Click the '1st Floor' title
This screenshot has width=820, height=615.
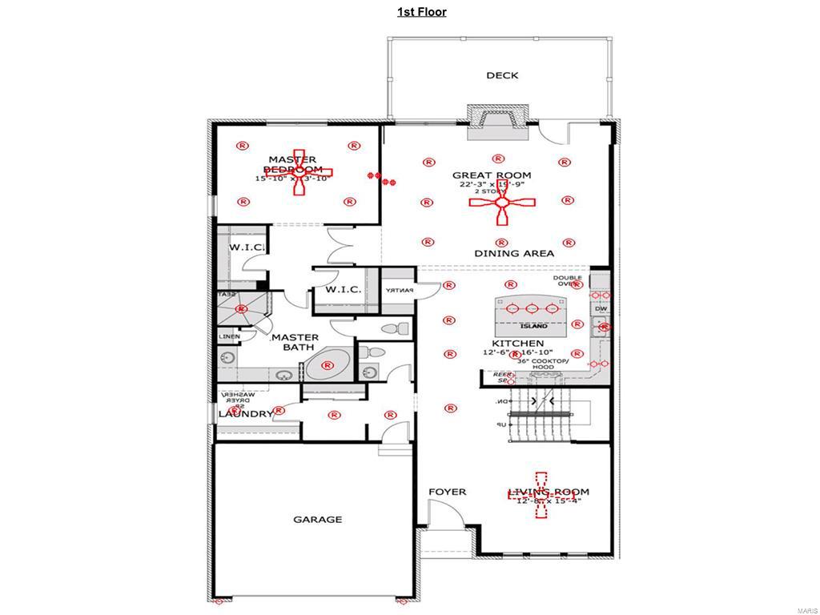422,11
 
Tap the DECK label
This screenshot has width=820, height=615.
502,75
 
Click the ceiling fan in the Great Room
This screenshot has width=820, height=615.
502,204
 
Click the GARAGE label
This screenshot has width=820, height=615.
317,519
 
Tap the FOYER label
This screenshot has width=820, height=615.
447,492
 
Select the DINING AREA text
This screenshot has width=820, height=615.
514,253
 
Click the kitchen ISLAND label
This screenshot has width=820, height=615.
534,326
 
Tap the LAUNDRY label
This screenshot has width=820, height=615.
246,414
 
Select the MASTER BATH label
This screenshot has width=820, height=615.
295,343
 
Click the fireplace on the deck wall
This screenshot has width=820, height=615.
498,117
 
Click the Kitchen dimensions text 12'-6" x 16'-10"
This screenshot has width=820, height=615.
518,352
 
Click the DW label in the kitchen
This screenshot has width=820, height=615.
600,307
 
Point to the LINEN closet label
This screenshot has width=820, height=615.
229,336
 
